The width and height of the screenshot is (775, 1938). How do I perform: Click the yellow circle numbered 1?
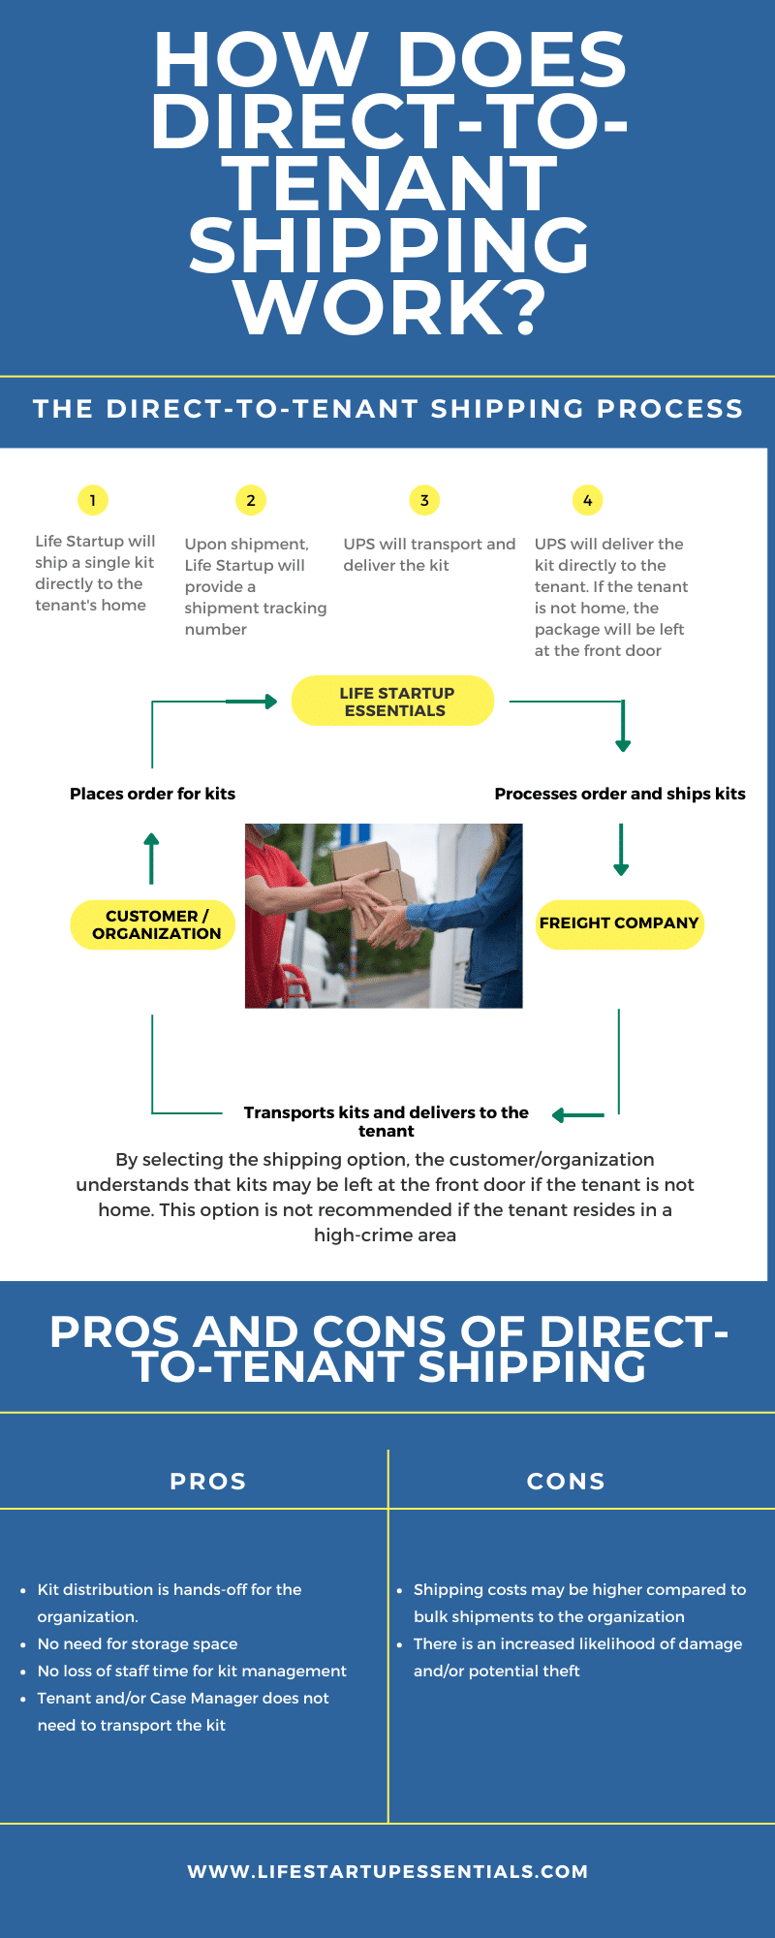93,500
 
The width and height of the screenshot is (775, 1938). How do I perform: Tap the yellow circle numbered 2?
251,500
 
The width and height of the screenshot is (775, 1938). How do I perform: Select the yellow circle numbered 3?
424,500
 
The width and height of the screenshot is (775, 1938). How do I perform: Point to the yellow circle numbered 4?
587,500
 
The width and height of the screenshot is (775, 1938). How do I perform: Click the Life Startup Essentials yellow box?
393,701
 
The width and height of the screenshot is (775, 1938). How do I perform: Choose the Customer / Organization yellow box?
153,924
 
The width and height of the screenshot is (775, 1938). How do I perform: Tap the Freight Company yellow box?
620,924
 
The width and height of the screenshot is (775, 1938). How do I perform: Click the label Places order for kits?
152,794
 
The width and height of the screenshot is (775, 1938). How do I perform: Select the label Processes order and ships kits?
620,794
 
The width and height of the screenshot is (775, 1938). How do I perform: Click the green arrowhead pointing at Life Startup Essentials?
270,701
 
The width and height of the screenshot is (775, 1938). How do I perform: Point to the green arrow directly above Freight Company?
621,850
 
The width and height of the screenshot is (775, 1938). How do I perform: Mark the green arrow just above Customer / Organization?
151,858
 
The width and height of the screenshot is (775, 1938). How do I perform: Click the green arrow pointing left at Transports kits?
578,1115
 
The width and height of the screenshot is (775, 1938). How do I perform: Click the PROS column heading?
208,1482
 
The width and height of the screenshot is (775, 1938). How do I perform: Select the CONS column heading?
566,1482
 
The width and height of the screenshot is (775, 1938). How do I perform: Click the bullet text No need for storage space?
138,1643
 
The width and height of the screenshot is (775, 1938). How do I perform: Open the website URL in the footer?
387,1871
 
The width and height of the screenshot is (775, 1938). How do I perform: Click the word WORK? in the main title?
390,307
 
